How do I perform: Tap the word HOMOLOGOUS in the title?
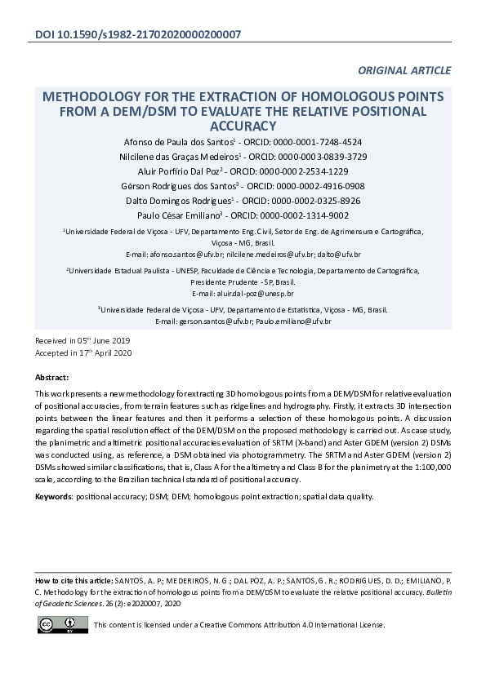tap(318, 96)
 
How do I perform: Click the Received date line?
tap(82, 339)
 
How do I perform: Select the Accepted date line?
tap(82, 352)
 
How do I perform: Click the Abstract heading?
tap(52, 378)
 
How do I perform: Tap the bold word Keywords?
tap(54, 496)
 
